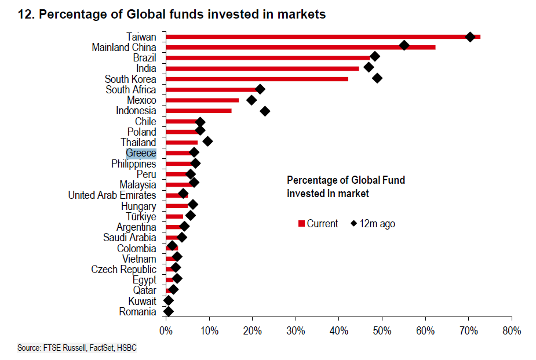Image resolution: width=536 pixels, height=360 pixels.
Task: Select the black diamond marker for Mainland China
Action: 404,45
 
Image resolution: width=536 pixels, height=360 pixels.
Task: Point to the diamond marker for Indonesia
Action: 265,111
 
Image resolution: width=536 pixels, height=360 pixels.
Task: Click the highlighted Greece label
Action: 141,153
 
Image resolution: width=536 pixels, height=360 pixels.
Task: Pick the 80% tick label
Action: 512,331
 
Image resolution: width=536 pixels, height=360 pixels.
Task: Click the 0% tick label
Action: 166,331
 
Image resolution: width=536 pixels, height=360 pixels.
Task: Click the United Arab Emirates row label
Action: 112,195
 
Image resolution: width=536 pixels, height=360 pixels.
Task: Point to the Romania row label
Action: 137,312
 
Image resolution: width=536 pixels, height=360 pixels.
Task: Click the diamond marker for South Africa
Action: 260,89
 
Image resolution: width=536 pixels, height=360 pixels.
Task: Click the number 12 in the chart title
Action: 24,14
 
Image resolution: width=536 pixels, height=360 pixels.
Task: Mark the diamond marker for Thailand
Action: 207,141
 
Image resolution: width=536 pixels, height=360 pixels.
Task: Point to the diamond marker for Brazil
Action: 375,56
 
